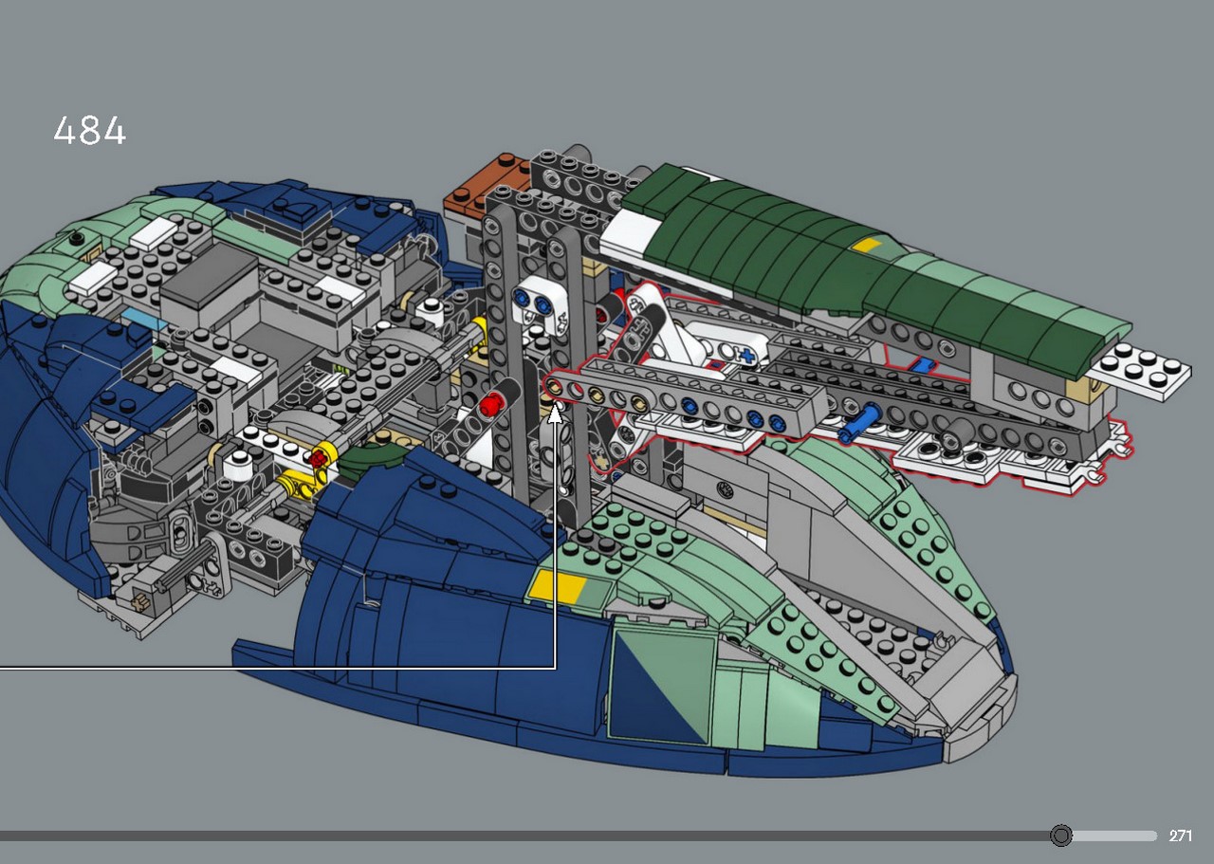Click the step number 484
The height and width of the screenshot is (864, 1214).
click(x=90, y=130)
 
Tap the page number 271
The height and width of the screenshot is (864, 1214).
click(x=1181, y=836)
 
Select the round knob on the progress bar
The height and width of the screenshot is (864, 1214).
click(x=1060, y=836)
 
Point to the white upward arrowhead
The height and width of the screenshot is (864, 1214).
click(x=555, y=414)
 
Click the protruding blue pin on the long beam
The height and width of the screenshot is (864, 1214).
click(x=858, y=422)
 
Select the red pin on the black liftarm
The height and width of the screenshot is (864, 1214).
click(x=490, y=404)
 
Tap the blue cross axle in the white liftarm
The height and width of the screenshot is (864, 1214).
click(x=746, y=356)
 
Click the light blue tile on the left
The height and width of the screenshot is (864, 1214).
click(x=142, y=319)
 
